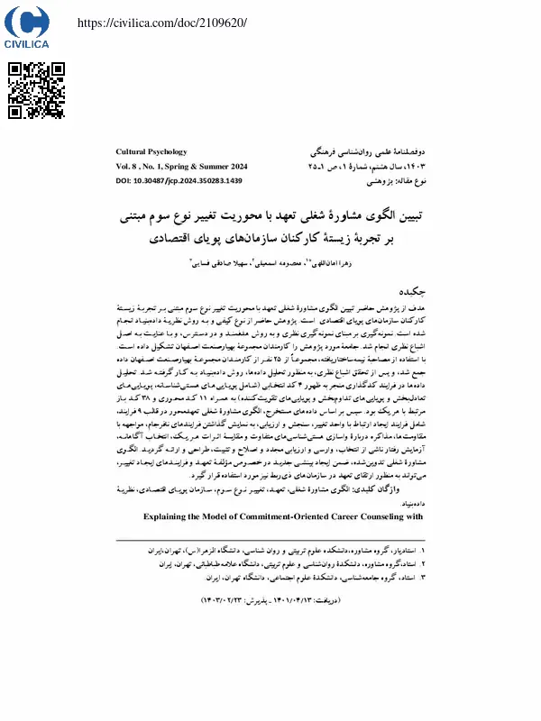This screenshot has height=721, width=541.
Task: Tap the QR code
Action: coord(37,90)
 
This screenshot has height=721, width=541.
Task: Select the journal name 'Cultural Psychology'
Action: coord(152,151)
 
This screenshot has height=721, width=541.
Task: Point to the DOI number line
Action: coord(180,181)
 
